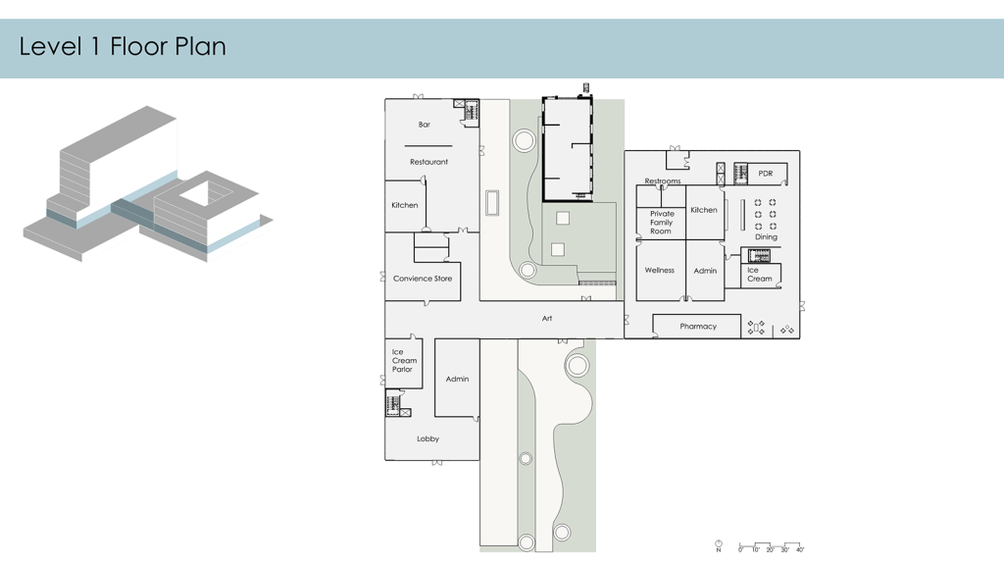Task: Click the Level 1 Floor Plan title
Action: click(x=123, y=47)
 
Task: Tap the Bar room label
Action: click(x=425, y=125)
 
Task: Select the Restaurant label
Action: click(x=429, y=162)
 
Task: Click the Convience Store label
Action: click(x=423, y=279)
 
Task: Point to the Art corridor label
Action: click(x=547, y=319)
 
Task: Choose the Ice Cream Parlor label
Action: click(x=404, y=361)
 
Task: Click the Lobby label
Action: click(x=427, y=438)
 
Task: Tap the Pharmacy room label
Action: click(x=698, y=327)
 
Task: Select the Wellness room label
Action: click(x=660, y=271)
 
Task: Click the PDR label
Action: click(x=765, y=174)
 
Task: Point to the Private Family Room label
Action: click(x=662, y=223)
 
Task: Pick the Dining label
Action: click(x=766, y=237)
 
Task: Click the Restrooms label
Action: click(x=663, y=181)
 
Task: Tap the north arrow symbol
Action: click(x=719, y=545)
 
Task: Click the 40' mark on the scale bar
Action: click(x=800, y=549)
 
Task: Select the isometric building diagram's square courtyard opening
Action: click(x=204, y=192)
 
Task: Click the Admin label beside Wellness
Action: click(x=705, y=271)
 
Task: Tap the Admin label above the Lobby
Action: click(x=457, y=380)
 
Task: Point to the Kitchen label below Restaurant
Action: click(x=405, y=206)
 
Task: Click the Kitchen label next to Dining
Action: click(x=704, y=210)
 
